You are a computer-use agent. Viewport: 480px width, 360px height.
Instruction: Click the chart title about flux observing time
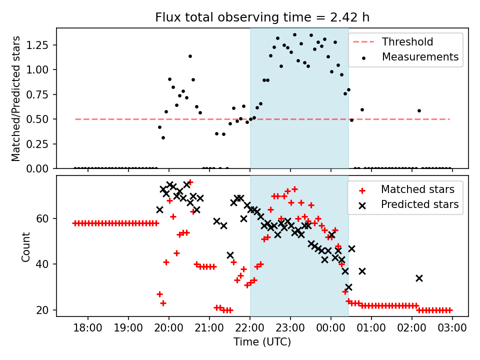[262, 17]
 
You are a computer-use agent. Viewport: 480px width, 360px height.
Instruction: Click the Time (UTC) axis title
[262, 342]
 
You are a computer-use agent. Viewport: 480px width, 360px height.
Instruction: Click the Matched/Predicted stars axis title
[16, 98]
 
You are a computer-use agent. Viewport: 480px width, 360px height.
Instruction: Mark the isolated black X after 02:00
[419, 278]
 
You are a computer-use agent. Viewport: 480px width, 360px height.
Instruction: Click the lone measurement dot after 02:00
[419, 110]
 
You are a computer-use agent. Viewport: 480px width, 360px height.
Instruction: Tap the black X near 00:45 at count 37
[362, 271]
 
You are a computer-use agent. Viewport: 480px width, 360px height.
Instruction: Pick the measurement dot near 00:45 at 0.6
[362, 109]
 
